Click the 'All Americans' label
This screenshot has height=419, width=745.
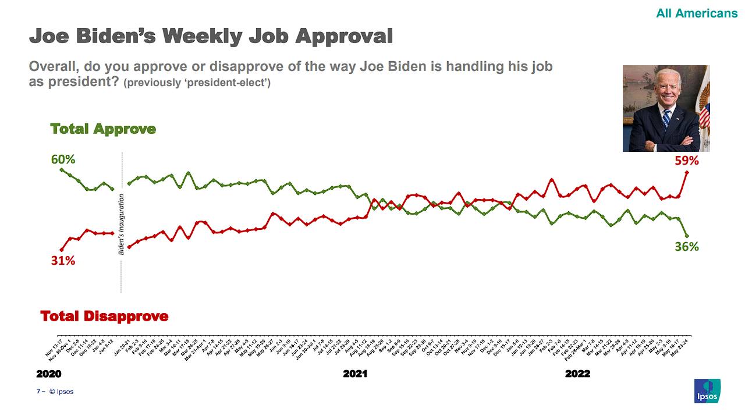(x=697, y=13)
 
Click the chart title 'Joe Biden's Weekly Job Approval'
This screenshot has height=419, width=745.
(x=211, y=36)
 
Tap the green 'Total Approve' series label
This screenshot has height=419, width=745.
(x=103, y=129)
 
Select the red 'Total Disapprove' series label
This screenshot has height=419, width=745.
(x=104, y=316)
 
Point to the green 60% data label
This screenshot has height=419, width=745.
(x=63, y=159)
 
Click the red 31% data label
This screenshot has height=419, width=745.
(x=63, y=261)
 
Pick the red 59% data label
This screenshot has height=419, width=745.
(x=686, y=161)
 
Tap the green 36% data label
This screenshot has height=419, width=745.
(x=687, y=247)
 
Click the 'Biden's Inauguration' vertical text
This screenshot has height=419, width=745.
(x=122, y=225)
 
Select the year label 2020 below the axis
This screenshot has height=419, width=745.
(x=49, y=374)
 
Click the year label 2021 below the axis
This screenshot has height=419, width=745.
(x=355, y=374)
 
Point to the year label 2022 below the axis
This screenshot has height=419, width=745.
(x=577, y=374)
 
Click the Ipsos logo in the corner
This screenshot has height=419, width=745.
(x=707, y=390)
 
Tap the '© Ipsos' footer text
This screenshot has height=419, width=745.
(x=61, y=392)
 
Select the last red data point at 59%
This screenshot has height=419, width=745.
(x=687, y=172)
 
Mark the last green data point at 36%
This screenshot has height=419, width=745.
(x=687, y=236)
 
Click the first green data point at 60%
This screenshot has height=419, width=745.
(x=62, y=169)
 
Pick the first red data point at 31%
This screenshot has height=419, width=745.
(x=62, y=250)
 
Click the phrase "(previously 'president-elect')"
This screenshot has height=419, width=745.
(x=197, y=83)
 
